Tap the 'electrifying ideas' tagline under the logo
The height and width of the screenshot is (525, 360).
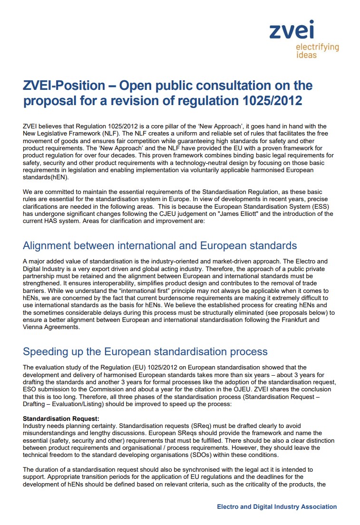(317, 51)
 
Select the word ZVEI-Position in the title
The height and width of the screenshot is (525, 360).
(64, 86)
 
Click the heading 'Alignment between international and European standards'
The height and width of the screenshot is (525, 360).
(160, 245)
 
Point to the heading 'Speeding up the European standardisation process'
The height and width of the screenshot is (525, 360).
(145, 351)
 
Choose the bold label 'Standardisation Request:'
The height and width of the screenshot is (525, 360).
(61, 418)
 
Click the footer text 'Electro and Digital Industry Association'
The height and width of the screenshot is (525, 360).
(277, 506)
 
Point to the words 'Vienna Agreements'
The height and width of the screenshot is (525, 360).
(51, 327)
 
